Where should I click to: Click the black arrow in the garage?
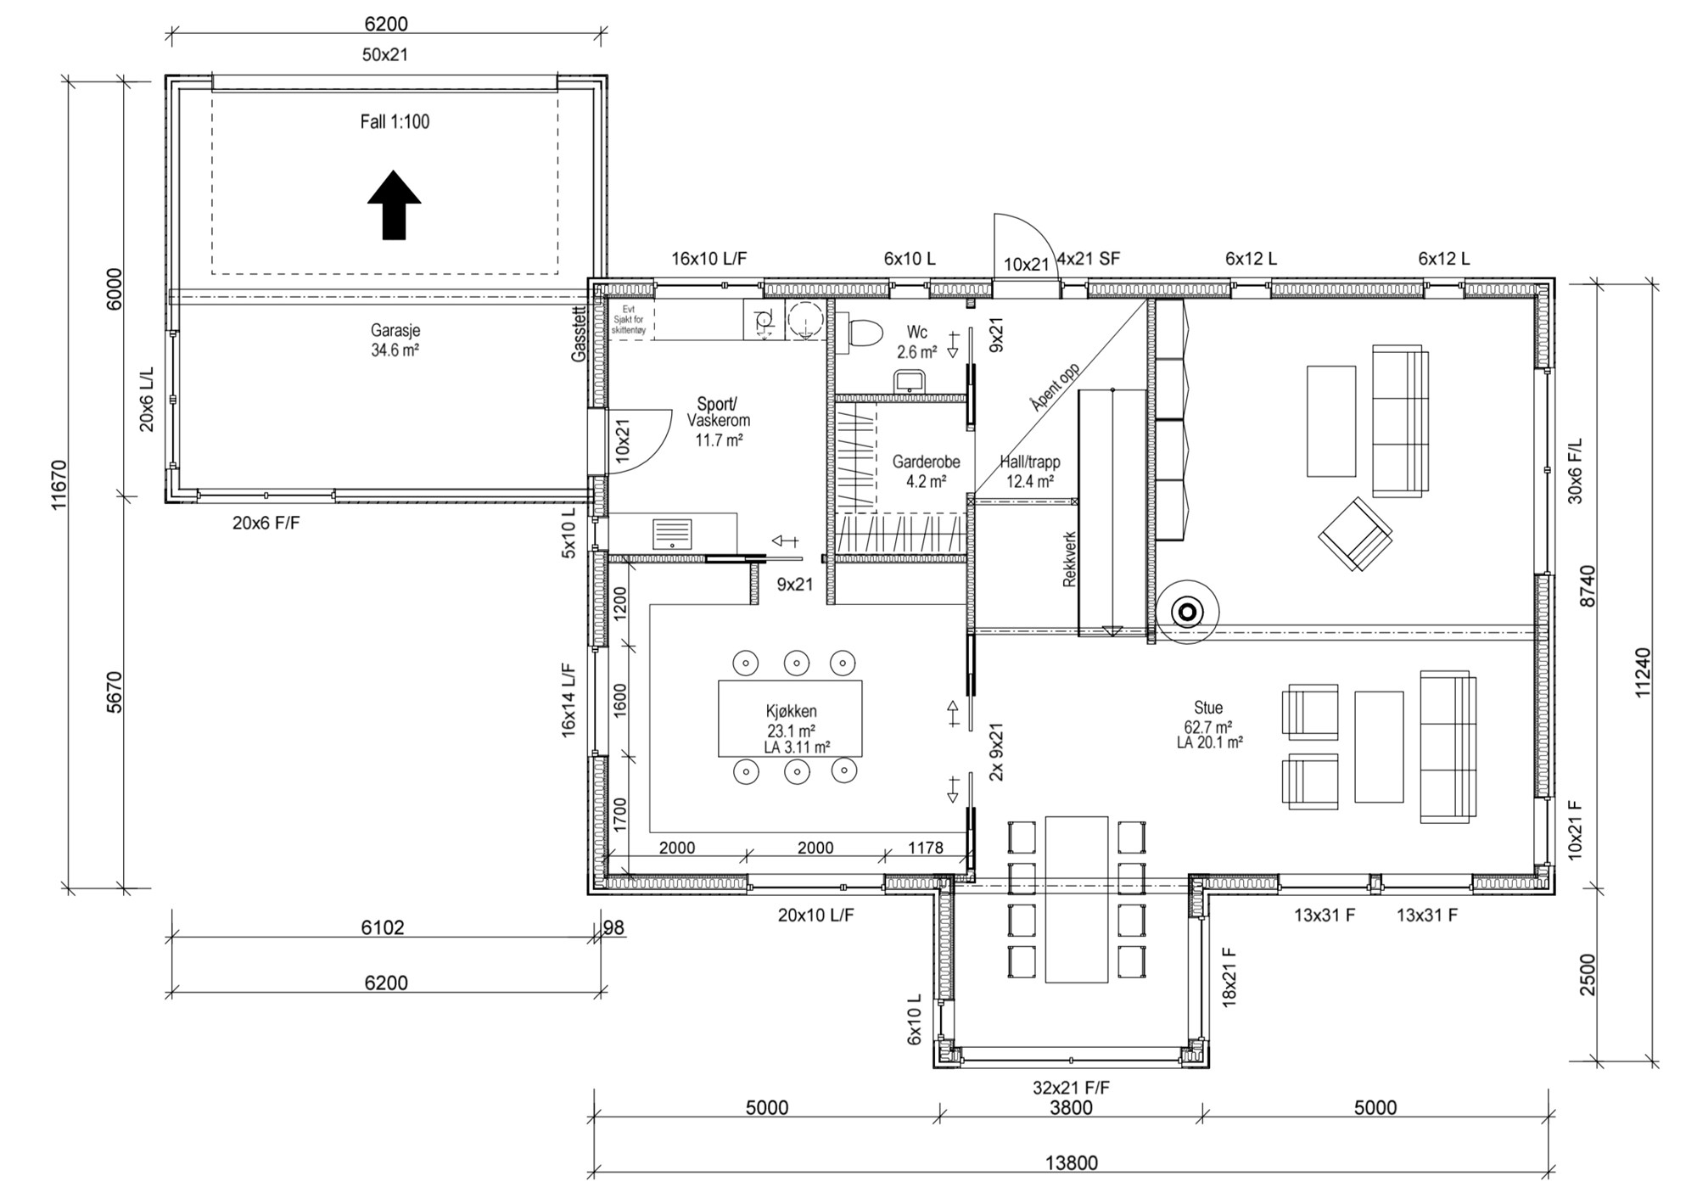click(394, 205)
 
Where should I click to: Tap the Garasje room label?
click(395, 330)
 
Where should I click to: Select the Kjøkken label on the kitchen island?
click(791, 711)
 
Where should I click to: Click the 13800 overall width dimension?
click(1071, 1162)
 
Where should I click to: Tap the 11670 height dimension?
click(59, 484)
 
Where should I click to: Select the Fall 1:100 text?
click(395, 121)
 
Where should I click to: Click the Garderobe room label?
click(926, 462)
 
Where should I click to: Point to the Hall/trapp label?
click(1030, 462)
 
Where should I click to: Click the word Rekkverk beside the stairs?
click(1069, 560)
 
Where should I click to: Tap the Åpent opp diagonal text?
click(1055, 387)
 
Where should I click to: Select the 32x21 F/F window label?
click(1071, 1087)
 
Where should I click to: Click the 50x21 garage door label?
click(385, 54)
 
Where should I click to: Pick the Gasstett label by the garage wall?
click(579, 334)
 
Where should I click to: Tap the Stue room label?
click(1208, 708)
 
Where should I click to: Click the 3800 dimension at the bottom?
click(1071, 1107)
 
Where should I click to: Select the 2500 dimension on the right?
click(1588, 975)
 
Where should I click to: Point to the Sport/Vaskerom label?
click(719, 412)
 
